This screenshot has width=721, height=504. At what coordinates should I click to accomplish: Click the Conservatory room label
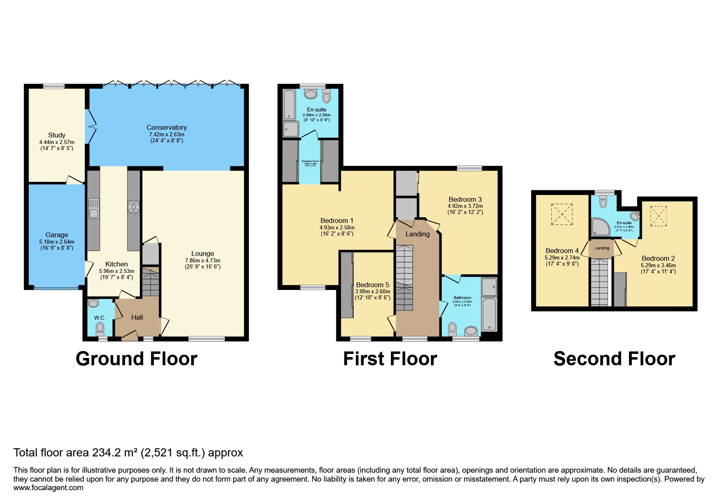(167, 127)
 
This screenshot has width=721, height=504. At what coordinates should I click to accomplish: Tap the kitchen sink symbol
(94, 207)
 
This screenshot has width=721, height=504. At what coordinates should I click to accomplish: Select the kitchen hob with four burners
(134, 207)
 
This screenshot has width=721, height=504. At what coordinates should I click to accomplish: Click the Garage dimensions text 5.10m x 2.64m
(57, 242)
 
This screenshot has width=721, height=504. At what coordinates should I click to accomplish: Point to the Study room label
(57, 135)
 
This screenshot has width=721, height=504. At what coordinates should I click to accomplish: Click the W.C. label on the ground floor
(100, 318)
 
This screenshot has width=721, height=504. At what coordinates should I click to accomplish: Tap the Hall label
(137, 317)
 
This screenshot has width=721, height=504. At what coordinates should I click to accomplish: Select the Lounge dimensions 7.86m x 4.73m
(202, 260)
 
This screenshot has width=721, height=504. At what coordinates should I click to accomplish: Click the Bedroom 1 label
(337, 220)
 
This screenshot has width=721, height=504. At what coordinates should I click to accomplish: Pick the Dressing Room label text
(310, 161)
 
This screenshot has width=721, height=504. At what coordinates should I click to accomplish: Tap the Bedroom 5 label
(373, 285)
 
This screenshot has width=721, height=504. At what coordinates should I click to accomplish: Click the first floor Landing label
(417, 234)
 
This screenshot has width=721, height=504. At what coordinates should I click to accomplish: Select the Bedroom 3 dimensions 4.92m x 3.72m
(465, 206)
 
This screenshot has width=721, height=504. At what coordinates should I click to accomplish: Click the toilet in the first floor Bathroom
(452, 327)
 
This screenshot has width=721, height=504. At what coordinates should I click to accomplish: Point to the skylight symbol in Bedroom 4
(561, 214)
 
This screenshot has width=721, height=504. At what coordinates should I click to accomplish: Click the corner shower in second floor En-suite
(600, 227)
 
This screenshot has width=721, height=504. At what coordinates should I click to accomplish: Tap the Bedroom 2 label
(658, 258)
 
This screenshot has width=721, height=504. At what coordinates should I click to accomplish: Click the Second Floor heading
(614, 359)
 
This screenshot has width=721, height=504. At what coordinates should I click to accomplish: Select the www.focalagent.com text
(48, 488)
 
